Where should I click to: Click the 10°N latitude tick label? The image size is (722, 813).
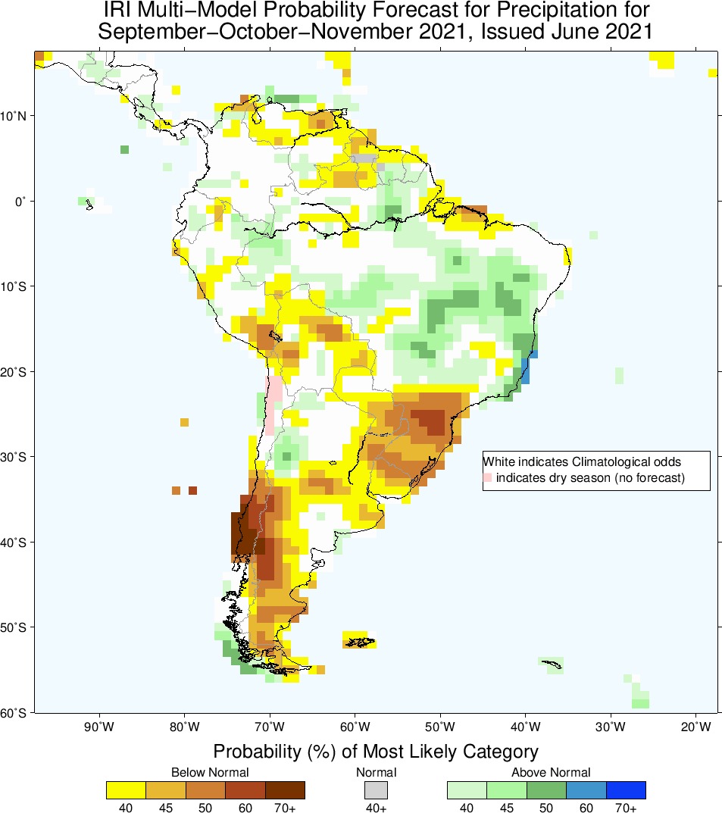[x=15, y=116]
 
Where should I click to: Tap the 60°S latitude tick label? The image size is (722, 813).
[x=15, y=713]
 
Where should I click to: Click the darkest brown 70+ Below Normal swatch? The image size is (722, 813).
[x=285, y=790]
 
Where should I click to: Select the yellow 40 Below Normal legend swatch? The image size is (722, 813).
[x=126, y=790]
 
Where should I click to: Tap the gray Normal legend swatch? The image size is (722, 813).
[x=376, y=790]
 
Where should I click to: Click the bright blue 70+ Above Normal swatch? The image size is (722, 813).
[x=626, y=790]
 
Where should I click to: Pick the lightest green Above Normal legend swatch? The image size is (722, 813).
[x=467, y=790]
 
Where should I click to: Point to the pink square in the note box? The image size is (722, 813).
[x=489, y=478]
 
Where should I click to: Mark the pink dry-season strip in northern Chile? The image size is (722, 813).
[x=273, y=405]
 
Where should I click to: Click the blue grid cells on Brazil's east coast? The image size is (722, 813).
[x=528, y=369]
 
